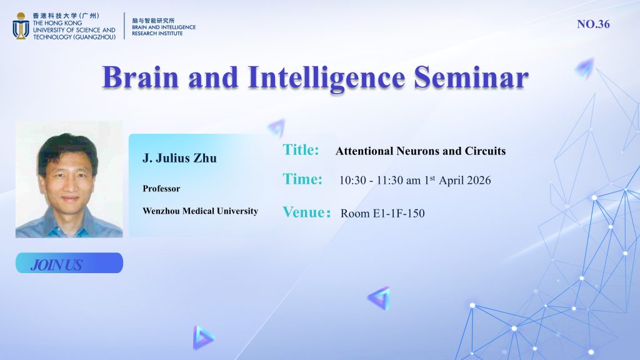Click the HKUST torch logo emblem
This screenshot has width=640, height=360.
click(x=21, y=26)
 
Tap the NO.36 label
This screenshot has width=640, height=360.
click(x=593, y=24)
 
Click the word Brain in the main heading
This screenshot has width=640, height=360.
click(x=141, y=77)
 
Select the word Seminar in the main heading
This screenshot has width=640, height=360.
click(x=471, y=77)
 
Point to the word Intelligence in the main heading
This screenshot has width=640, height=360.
click(x=326, y=78)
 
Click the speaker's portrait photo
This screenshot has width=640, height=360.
click(x=69, y=179)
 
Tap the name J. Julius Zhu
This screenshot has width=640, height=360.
click(x=179, y=158)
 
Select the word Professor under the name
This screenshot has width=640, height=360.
click(x=161, y=189)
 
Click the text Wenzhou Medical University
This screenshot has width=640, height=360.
click(x=201, y=211)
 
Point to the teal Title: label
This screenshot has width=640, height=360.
click(x=301, y=150)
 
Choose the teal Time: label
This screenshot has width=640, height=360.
click(x=302, y=179)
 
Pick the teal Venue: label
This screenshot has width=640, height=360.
click(x=306, y=212)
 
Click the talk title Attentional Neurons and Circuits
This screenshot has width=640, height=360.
click(x=421, y=151)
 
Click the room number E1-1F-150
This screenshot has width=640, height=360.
click(x=399, y=214)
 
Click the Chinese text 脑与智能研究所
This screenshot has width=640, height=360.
click(x=153, y=21)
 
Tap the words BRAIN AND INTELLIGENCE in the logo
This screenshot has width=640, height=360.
click(x=164, y=27)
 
